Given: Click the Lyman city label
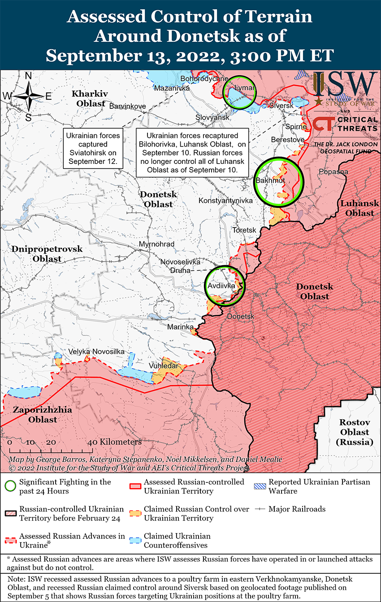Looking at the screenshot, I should point(244,88).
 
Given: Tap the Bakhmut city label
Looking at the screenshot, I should point(270,181).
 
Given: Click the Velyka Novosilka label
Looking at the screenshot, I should point(96,352).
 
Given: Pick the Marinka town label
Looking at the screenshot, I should point(180,327).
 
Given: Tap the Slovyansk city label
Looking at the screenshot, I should point(212,117).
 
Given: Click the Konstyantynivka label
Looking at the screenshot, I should point(225,200).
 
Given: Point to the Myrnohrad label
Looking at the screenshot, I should point(156,244).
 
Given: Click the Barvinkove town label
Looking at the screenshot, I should point(128,106).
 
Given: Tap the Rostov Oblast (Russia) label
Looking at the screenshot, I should point(354,432).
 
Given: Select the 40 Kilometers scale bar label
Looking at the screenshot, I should point(115,442).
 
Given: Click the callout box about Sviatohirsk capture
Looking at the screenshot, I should point(93,149).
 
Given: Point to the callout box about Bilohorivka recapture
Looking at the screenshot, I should point(192,153).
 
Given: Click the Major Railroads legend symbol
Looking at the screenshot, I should point(261,509).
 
